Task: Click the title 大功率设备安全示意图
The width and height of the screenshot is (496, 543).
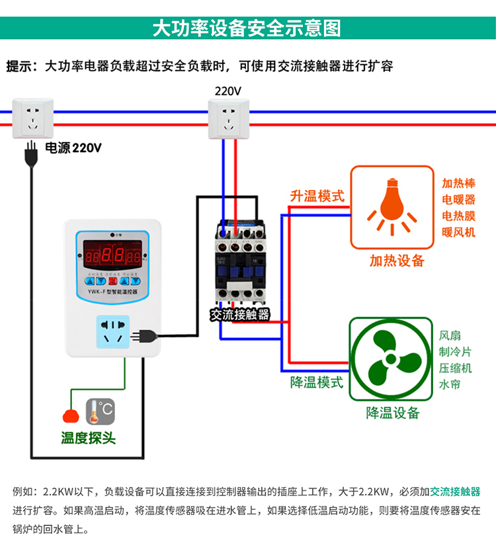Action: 247,28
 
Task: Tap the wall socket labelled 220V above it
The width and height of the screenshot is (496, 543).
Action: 229,119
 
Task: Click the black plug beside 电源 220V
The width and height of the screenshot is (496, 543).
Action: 29,156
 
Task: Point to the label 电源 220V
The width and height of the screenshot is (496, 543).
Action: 73,148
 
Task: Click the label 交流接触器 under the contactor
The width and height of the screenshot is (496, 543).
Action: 240,315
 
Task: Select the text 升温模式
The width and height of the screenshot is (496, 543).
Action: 317,196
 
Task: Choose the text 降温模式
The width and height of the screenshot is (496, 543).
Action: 317,382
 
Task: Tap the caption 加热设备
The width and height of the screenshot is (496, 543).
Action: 397,261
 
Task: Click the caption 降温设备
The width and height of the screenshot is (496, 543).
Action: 393,413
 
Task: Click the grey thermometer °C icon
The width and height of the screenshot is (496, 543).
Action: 100,411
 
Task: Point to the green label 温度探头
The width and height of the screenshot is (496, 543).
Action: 88,438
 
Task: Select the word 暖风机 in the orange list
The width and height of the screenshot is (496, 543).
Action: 458,232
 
